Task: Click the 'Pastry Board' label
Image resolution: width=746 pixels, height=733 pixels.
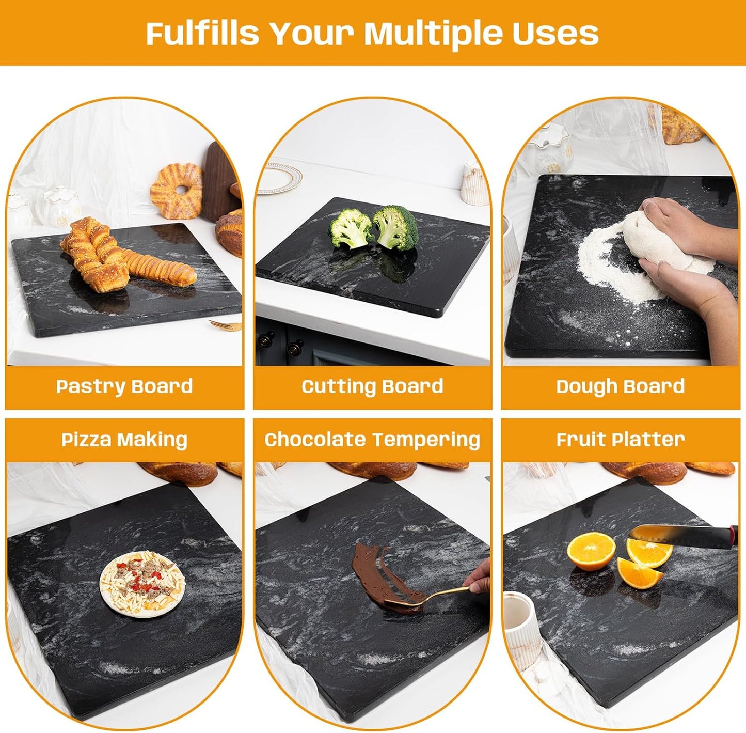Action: point(124,386)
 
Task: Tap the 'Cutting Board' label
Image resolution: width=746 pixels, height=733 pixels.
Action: point(372,386)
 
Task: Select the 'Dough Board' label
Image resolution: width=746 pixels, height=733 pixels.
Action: point(620,386)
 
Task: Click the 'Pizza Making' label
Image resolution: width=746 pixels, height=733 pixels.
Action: point(124,440)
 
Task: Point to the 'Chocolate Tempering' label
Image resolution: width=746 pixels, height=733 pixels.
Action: point(372,440)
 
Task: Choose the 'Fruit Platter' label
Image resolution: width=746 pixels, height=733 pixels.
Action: point(620,440)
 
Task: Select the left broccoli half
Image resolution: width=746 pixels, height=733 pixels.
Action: point(351,228)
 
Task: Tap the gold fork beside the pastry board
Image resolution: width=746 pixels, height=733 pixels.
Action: point(226,325)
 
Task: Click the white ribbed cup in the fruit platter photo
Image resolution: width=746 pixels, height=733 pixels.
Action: point(521,625)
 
